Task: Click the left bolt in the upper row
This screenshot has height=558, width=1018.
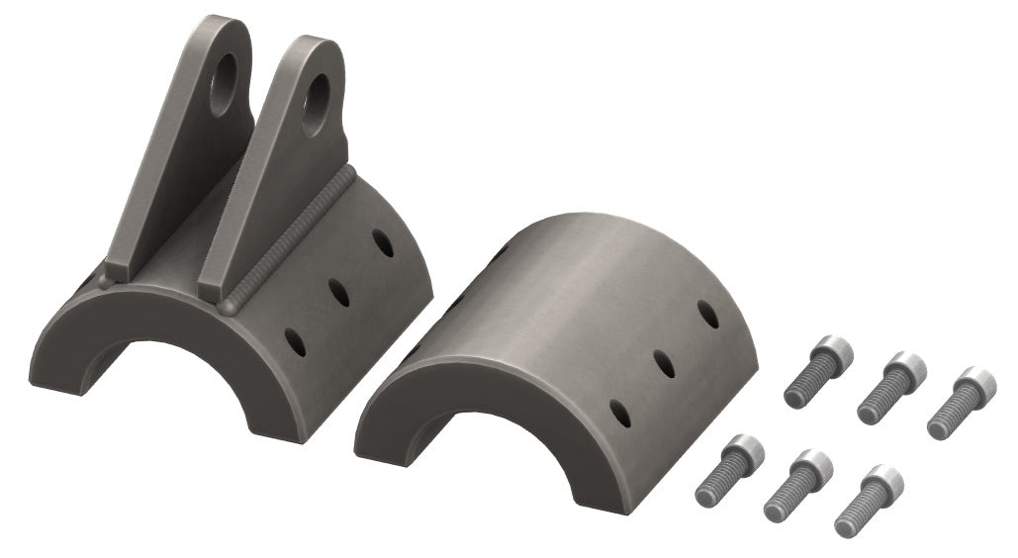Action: (x=818, y=371)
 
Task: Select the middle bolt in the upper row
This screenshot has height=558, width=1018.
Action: (x=890, y=387)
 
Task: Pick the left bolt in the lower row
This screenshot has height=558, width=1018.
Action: (x=730, y=470)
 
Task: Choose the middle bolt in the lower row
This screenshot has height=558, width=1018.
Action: (x=797, y=485)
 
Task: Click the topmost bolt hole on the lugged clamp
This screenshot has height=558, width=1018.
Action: (x=382, y=242)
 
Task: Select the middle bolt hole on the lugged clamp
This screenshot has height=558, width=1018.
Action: (x=338, y=292)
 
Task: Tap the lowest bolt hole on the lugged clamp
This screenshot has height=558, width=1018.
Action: (x=295, y=341)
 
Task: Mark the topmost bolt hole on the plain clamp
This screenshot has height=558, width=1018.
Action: (x=706, y=314)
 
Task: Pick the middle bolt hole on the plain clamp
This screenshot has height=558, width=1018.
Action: (x=664, y=363)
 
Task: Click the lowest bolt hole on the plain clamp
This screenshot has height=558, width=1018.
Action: (x=620, y=413)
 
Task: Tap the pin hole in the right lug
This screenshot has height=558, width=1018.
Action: (x=318, y=101)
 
